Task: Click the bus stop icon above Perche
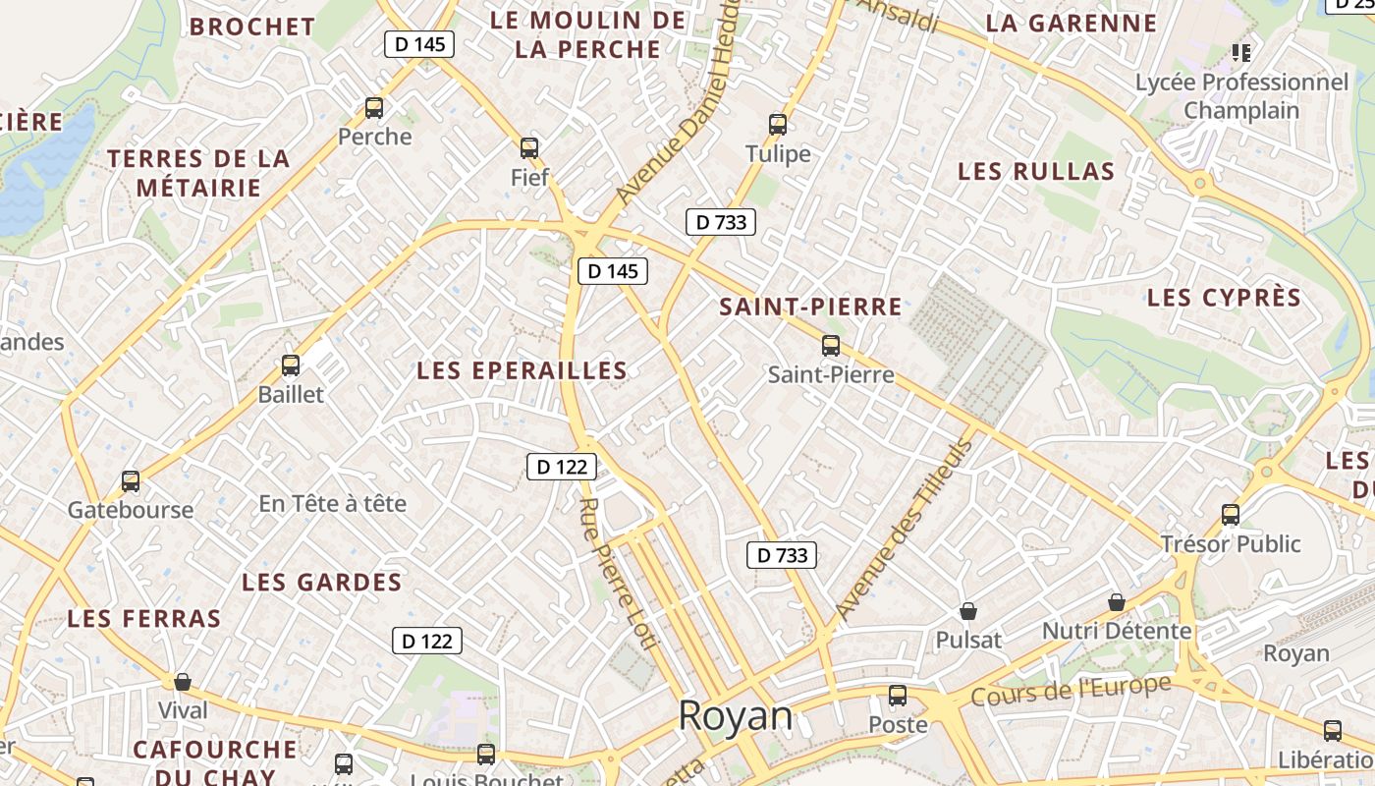pyautogui.click(x=374, y=108)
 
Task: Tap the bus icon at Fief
pyautogui.click(x=529, y=148)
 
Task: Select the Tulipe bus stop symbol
pyautogui.click(x=778, y=125)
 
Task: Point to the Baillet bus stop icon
pyautogui.click(x=291, y=365)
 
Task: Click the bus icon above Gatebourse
pyautogui.click(x=131, y=481)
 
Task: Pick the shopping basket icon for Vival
pyautogui.click(x=183, y=681)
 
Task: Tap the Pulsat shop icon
pyautogui.click(x=968, y=611)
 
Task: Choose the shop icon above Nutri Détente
pyautogui.click(x=1117, y=601)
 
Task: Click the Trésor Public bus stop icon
pyautogui.click(x=1231, y=514)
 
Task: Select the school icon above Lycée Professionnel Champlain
pyautogui.click(x=1241, y=52)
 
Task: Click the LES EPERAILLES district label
pyautogui.click(x=522, y=370)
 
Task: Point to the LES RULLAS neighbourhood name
pyautogui.click(x=1036, y=172)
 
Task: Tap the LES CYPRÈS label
pyautogui.click(x=1224, y=298)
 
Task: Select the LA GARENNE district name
pyautogui.click(x=1072, y=24)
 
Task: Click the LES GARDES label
pyautogui.click(x=322, y=583)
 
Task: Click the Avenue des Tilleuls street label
pyautogui.click(x=905, y=530)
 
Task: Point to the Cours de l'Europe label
pyautogui.click(x=1072, y=690)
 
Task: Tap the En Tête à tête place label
pyautogui.click(x=332, y=504)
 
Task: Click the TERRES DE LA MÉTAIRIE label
pyautogui.click(x=199, y=173)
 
